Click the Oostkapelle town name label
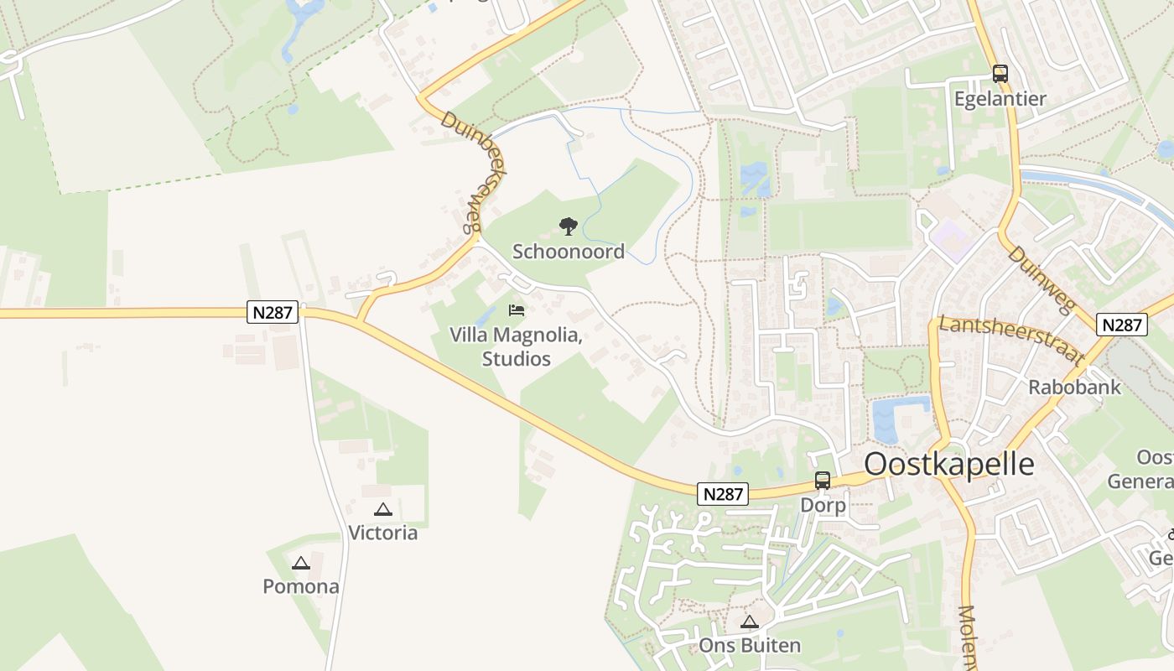(x=949, y=464)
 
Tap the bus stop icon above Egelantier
(x=1000, y=74)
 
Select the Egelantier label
(x=1000, y=99)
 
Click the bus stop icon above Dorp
(x=823, y=481)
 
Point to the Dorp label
(x=823, y=506)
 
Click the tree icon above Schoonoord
(x=569, y=226)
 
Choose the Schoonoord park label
(x=569, y=252)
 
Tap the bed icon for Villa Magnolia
(x=517, y=310)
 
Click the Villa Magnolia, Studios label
(x=516, y=347)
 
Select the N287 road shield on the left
(x=273, y=313)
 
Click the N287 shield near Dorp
(x=723, y=494)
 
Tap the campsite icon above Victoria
(x=383, y=509)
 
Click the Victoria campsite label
(x=382, y=533)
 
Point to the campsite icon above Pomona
(x=301, y=563)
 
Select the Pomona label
(x=301, y=586)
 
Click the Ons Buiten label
(x=750, y=646)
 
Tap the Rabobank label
(x=1074, y=387)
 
